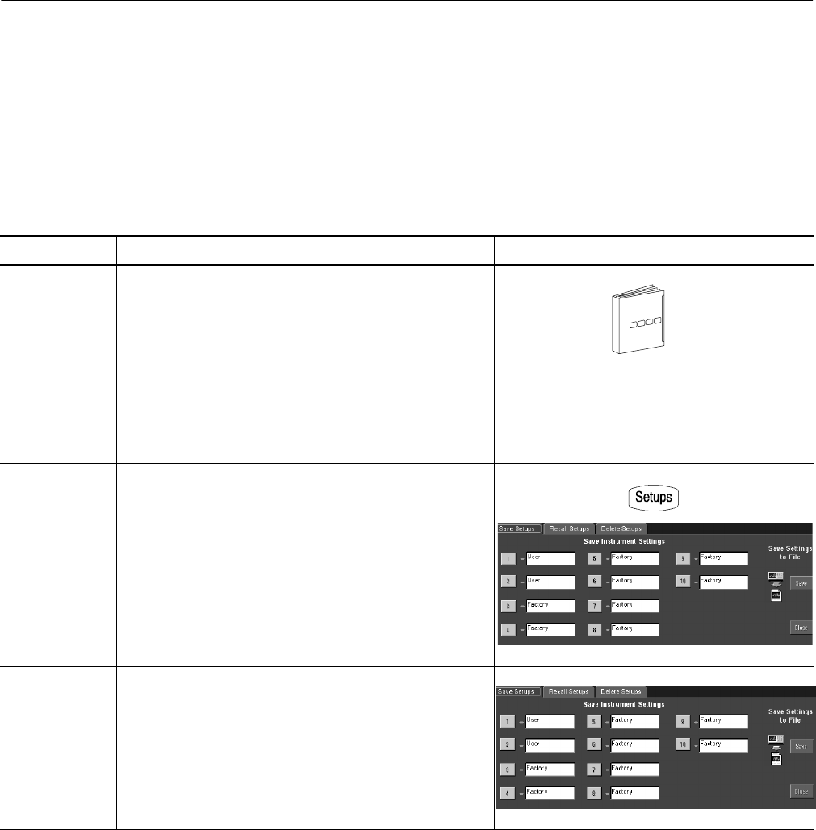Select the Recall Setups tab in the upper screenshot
point(569,529)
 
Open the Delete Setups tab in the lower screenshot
point(621,691)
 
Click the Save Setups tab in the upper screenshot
point(518,529)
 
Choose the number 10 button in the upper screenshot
point(683,582)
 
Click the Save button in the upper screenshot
point(801,582)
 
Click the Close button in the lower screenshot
point(801,791)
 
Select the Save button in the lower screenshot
point(801,746)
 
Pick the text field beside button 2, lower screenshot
point(549,745)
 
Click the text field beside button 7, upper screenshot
point(635,605)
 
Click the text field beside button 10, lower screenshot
point(722,745)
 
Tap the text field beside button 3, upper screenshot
point(549,605)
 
